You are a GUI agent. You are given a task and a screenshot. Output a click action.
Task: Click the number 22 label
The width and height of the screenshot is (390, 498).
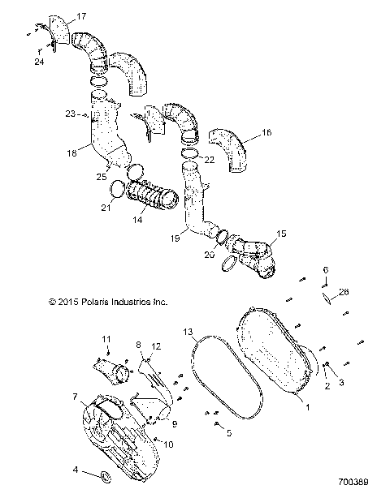(x=210, y=160)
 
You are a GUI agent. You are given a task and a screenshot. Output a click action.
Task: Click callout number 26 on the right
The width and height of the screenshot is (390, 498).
(x=343, y=292)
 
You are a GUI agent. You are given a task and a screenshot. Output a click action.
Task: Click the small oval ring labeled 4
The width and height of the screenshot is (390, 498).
(x=106, y=473)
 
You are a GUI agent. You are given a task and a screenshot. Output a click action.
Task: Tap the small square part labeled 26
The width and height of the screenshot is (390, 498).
(x=327, y=298)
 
